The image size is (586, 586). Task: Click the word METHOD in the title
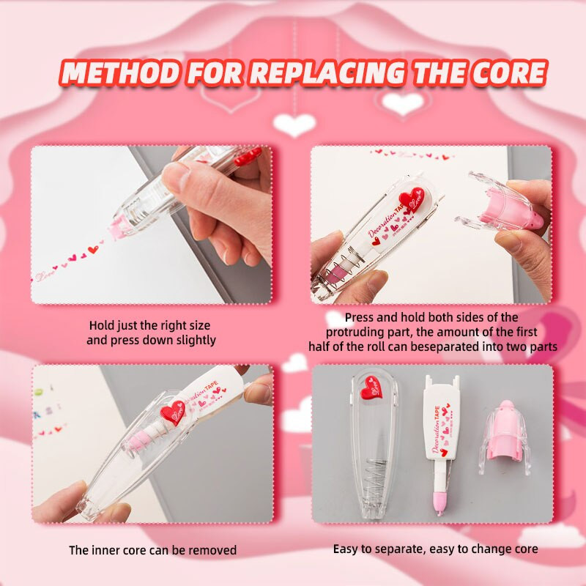point(120,72)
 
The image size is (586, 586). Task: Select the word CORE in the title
point(508,72)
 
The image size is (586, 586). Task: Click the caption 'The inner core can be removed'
point(152,550)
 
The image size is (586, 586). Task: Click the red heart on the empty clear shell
point(371,388)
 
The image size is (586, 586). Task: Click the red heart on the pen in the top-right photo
point(412,199)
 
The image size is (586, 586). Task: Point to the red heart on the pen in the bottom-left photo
point(173,412)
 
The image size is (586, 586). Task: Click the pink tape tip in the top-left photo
point(119,228)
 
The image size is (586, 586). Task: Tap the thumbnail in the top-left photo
point(177,177)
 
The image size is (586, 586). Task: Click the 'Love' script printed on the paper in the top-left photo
point(44,276)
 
